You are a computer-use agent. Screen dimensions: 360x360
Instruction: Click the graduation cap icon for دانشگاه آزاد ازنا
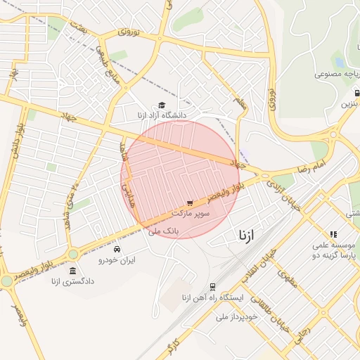click(x=152, y=105)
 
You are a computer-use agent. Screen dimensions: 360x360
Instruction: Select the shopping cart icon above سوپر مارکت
click(x=190, y=203)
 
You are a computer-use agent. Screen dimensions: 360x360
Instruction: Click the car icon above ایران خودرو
click(x=117, y=250)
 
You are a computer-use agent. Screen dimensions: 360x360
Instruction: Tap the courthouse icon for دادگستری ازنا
click(x=73, y=270)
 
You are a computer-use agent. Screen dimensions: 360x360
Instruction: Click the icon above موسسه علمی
click(x=333, y=234)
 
